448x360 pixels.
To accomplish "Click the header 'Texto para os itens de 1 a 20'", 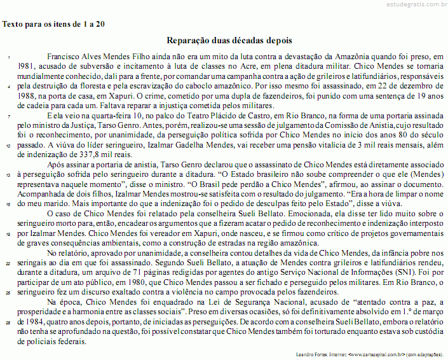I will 54,24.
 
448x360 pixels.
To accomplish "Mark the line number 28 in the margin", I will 9,322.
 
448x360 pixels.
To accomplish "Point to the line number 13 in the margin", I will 9,174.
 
